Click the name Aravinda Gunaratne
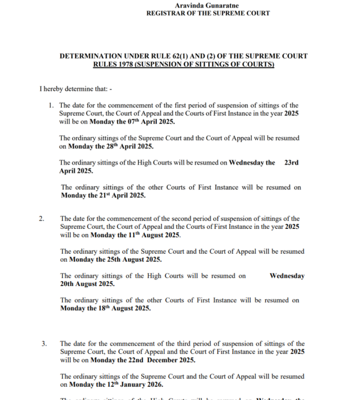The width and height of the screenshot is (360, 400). (x=207, y=6)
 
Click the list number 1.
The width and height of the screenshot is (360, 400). (x=51, y=106)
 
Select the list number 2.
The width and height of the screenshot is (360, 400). (x=42, y=219)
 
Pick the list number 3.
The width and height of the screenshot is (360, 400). (x=44, y=344)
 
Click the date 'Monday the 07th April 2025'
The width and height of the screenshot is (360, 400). (x=132, y=122)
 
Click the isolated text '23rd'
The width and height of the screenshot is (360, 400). (x=291, y=163)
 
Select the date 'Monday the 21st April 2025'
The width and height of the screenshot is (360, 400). (x=103, y=196)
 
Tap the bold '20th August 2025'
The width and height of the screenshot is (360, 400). (x=87, y=284)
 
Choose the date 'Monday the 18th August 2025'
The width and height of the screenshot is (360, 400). (x=105, y=308)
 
